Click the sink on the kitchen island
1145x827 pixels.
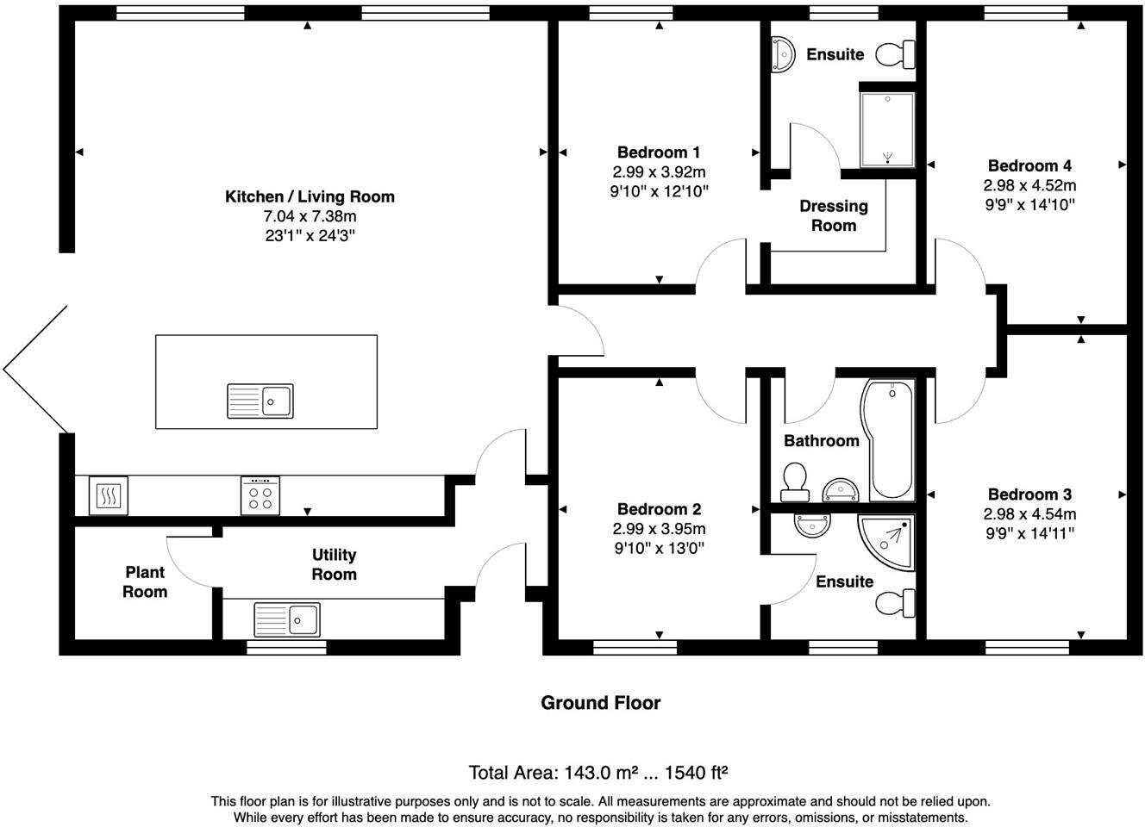click(260, 401)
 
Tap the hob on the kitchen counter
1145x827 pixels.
click(260, 495)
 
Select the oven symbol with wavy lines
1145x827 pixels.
click(108, 495)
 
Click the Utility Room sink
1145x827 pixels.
click(286, 619)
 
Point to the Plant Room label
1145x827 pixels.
click(145, 581)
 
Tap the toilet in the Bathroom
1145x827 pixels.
click(793, 482)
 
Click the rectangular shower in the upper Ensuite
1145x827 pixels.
click(886, 129)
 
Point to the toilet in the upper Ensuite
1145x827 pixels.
click(895, 55)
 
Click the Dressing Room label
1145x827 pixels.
click(833, 215)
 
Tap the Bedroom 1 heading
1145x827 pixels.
click(659, 152)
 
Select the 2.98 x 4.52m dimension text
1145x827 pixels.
click(1029, 185)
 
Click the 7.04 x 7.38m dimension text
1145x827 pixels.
click(310, 216)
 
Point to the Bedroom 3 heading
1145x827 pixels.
click(1029, 494)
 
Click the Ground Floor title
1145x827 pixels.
click(600, 703)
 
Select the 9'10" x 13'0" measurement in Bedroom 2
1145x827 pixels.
click(659, 548)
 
